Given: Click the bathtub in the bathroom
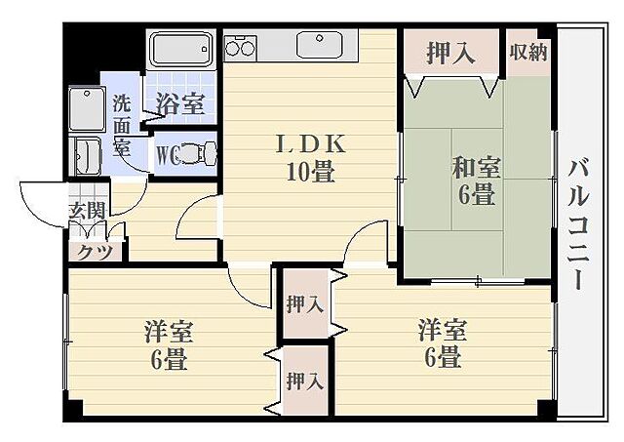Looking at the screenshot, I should (180, 49).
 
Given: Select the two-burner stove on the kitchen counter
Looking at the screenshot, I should (241, 47).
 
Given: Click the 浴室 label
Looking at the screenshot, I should (180, 104).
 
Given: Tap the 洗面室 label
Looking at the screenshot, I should (121, 123).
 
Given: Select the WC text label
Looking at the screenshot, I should (166, 154).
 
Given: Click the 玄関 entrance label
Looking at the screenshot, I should (86, 209).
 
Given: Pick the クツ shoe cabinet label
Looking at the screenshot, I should (94, 250).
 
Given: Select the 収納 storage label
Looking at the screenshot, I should (527, 52).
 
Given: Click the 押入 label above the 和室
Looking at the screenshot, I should (450, 53).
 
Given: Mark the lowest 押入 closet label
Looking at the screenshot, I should (304, 381).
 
